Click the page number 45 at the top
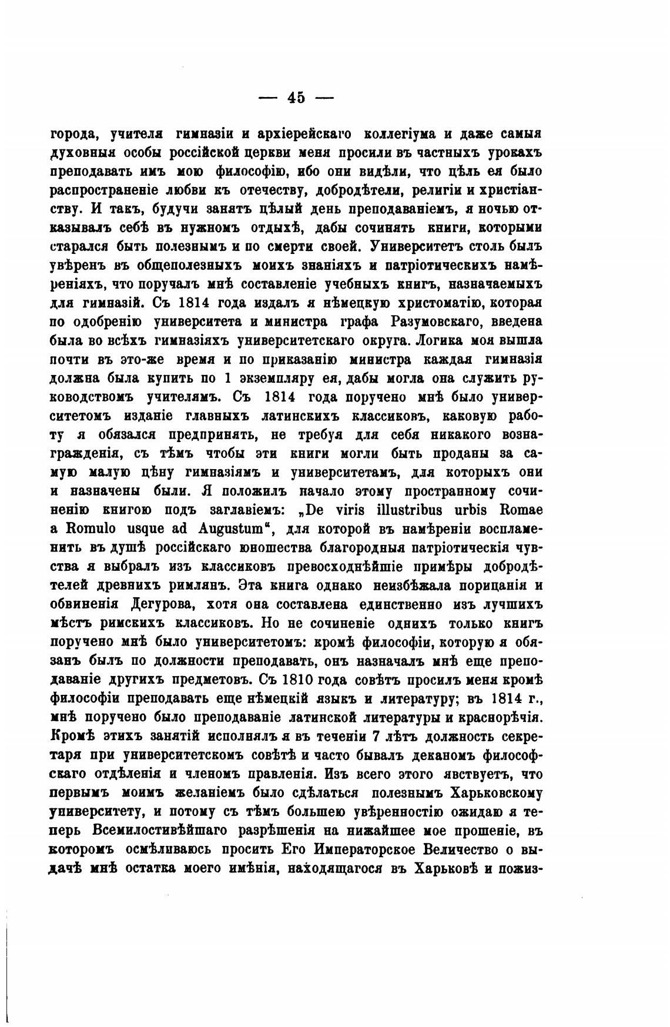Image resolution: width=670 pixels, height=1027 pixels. (296, 98)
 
